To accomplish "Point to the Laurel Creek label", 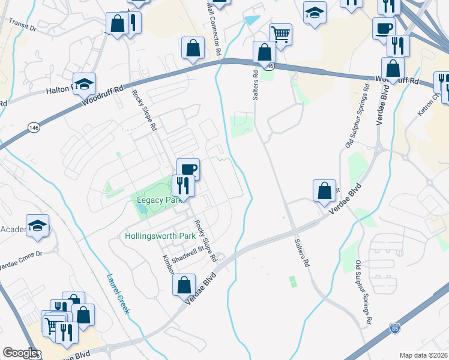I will tap(118, 293).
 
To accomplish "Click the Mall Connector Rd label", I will tap(214, 29).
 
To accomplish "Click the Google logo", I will tap(20, 353).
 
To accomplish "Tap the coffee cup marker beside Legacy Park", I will tap(188, 169).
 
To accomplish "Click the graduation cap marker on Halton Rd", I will tap(84, 84).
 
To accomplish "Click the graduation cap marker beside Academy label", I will tap(38, 226).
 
